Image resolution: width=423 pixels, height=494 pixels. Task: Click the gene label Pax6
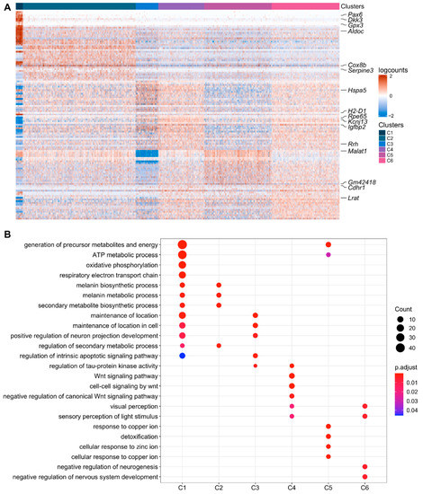pyautogui.click(x=358, y=15)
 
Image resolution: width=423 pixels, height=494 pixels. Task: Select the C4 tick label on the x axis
pyautogui.click(x=292, y=486)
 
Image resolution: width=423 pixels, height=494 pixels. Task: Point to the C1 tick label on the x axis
pyautogui.click(x=182, y=486)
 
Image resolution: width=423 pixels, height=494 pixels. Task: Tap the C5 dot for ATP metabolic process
pyautogui.click(x=328, y=255)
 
